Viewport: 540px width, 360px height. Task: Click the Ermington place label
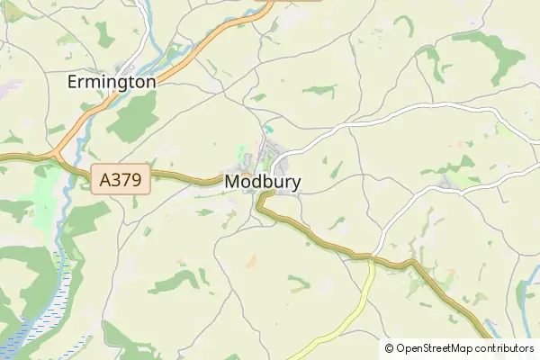112,82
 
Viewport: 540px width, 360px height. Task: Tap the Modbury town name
263,182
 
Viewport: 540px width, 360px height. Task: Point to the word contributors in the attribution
506,348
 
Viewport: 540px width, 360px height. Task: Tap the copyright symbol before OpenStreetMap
390,348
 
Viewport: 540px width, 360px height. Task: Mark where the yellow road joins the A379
370,260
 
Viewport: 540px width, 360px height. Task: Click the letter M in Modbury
232,182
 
